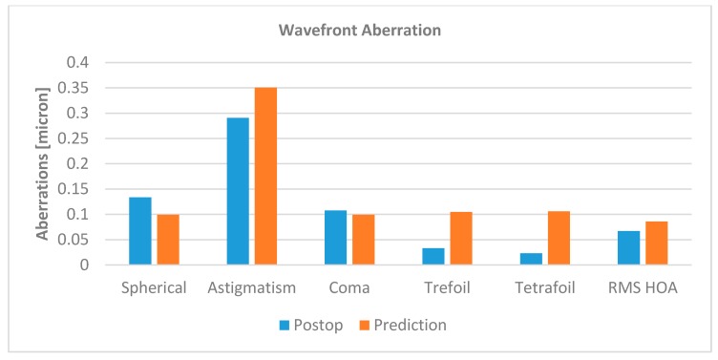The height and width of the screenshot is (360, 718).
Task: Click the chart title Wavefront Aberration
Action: [359, 30]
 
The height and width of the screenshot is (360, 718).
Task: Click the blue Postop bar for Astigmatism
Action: [238, 191]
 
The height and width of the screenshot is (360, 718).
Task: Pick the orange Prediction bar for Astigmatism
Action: [265, 176]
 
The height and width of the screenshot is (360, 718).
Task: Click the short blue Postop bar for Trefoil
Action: [433, 257]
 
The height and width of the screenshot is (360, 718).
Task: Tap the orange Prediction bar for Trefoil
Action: [461, 239]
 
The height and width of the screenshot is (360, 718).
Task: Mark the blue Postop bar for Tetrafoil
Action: [531, 259]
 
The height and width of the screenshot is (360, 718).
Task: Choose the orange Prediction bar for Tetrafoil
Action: [559, 238]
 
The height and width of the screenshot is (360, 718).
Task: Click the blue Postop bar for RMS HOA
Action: [628, 248]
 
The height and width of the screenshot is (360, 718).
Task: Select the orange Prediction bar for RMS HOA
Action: [656, 244]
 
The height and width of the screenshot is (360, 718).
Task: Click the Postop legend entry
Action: [311, 325]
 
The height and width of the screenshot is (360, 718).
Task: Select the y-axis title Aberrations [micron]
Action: [42, 163]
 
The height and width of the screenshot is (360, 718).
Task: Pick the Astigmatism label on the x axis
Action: [251, 287]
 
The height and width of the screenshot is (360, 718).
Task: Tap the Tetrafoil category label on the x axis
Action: [544, 287]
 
